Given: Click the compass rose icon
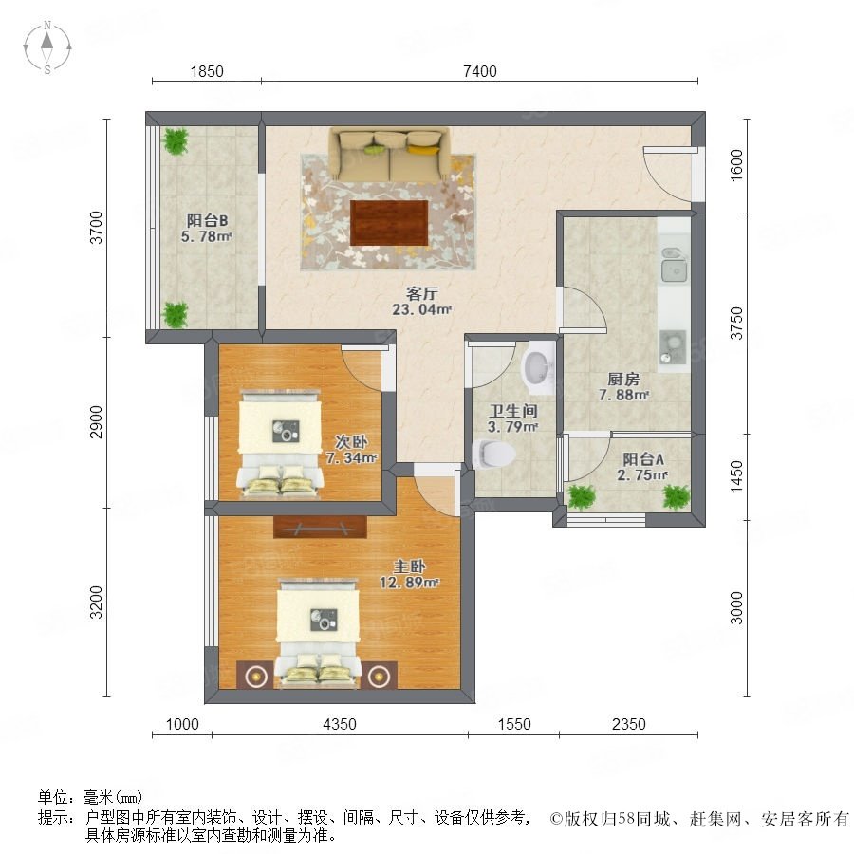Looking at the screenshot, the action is [47, 46].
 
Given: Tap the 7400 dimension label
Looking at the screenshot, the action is [480, 71].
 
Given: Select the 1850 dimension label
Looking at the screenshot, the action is [207, 71].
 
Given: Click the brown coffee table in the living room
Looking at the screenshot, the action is [389, 223].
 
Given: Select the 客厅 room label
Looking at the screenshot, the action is [421, 294].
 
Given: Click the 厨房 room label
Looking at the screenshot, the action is [623, 379].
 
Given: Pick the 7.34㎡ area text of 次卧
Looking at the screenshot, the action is [351, 457].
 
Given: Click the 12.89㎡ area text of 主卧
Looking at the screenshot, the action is [409, 583].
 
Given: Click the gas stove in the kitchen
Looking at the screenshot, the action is [673, 347].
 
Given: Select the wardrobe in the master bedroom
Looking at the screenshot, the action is [320, 527].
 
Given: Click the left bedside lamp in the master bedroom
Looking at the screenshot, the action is [254, 676].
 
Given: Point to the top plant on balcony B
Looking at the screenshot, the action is [176, 141].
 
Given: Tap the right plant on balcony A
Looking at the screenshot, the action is [676, 496].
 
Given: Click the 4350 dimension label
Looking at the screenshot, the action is [340, 724].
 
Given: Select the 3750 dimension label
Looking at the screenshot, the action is [736, 323].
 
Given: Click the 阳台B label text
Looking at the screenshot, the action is [207, 220].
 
